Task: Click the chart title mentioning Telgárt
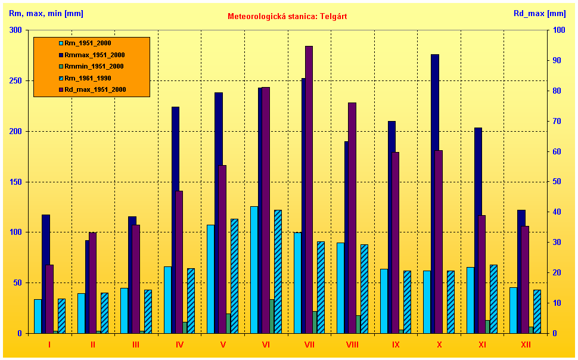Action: [x=287, y=16]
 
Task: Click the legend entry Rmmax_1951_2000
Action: [x=91, y=55]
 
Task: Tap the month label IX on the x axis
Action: [x=396, y=345]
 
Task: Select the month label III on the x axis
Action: [x=136, y=345]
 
